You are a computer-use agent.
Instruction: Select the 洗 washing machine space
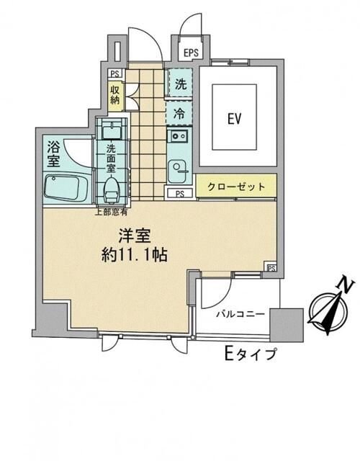click(180, 84)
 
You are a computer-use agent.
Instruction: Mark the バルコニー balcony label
click(238, 315)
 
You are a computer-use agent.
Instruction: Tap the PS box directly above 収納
click(114, 73)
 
